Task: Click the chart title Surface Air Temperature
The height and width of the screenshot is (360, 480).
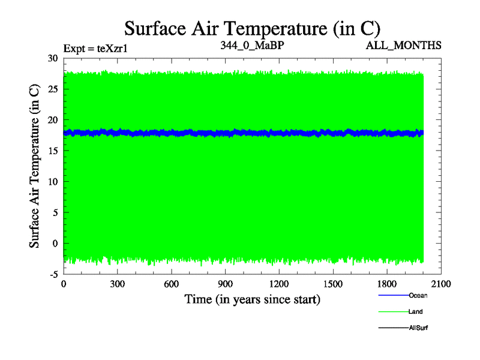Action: [252, 28]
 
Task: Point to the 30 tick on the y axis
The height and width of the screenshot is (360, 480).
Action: [52, 58]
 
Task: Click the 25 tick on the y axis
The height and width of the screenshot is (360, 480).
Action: [52, 89]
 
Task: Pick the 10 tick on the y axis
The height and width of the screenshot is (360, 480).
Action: [52, 181]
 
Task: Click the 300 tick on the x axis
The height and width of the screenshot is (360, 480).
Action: [118, 284]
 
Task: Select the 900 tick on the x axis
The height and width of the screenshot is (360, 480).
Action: [226, 284]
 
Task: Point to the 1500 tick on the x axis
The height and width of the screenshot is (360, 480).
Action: [333, 284]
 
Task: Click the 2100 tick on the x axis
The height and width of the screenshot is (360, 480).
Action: [441, 284]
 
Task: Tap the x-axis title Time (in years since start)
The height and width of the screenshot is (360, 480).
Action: [252, 299]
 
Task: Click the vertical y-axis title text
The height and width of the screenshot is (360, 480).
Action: [35, 166]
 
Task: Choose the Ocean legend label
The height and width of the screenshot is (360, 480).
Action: [418, 295]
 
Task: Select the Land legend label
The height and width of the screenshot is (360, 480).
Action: [416, 312]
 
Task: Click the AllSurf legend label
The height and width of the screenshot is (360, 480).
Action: [418, 328]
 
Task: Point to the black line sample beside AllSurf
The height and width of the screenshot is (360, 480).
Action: [393, 328]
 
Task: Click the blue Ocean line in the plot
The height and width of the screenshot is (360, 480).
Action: [240, 133]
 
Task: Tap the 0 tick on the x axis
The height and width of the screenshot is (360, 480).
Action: [64, 284]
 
